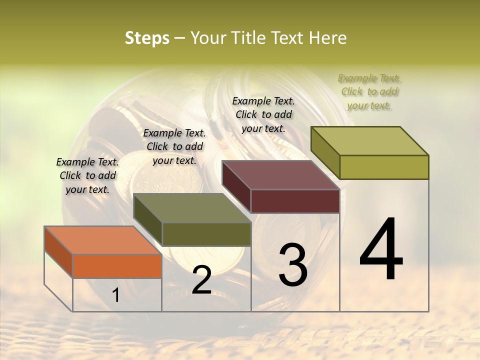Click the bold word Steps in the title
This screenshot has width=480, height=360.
tap(147, 38)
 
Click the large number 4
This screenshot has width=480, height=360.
tap(381, 250)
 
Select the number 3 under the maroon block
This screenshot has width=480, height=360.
tap(292, 265)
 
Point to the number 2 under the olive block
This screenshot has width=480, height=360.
tap(201, 280)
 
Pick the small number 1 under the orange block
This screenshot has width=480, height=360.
tap(115, 295)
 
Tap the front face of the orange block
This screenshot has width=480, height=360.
tap(117, 266)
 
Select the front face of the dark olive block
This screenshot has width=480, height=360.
tap(206, 234)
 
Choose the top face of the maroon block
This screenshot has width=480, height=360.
tap(281, 175)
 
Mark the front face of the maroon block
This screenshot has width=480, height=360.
tap(295, 201)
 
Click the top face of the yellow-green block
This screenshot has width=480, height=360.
tap(370, 141)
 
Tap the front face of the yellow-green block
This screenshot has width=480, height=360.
tap(384, 167)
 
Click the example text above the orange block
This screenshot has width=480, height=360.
tap(87, 175)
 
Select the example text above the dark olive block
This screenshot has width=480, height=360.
tap(174, 146)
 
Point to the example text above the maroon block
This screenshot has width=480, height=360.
tap(263, 114)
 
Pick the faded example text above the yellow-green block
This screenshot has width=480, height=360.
tap(369, 91)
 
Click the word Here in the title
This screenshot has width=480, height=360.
tap(328, 38)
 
